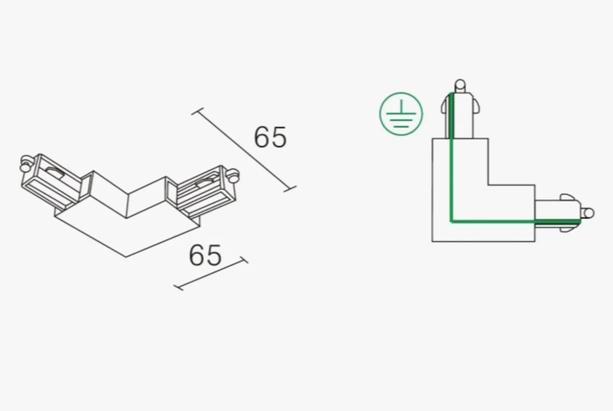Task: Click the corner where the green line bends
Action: pos(452,221)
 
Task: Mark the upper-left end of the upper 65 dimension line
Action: pos(198,111)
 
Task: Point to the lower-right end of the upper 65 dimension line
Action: pos(290,189)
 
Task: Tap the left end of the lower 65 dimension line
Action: pos(178,288)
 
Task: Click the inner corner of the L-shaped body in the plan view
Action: pos(488,185)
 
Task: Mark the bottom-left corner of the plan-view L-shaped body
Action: pos(432,241)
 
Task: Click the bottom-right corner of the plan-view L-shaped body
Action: pos(535,241)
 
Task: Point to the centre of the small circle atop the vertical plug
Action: pos(460,84)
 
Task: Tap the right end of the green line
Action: pos(581,221)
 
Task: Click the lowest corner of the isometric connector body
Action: pos(126,257)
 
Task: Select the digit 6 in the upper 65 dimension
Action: pos(262,137)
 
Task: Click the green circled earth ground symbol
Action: pos(401,114)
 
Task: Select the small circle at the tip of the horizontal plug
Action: pos(589,213)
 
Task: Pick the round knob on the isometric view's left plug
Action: pos(26,162)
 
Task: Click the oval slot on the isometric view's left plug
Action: pos(55,172)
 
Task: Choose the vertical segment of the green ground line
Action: pos(451,157)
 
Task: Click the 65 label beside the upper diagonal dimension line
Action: pos(270,137)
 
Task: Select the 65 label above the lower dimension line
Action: pos(205,255)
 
